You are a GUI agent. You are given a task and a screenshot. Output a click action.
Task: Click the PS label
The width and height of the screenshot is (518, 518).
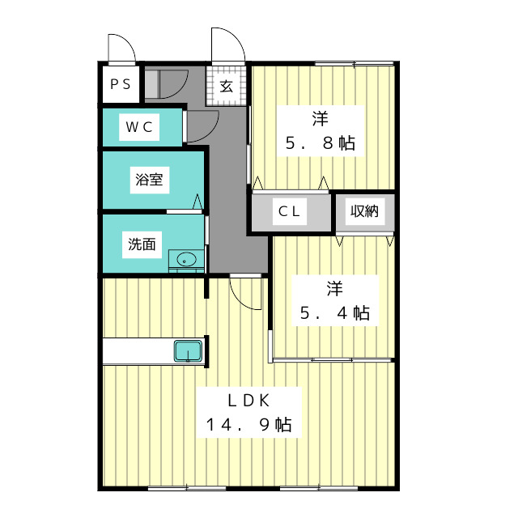coord(120,83)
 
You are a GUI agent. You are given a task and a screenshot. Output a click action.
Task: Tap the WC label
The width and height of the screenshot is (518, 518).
coord(139,126)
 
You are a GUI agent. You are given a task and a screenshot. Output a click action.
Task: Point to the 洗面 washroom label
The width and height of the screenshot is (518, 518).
coord(142,244)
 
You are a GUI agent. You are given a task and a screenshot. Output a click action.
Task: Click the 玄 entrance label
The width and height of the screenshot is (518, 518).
coord(227,87)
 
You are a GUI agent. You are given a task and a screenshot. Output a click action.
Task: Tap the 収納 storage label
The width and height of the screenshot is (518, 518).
coord(363,212)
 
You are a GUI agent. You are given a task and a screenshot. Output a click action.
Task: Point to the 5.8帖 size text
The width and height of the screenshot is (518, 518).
coord(320,144)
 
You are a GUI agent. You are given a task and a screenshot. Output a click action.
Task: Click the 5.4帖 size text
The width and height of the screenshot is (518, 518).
coord(335,312)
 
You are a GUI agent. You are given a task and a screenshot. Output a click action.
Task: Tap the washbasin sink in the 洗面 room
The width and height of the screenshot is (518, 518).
coord(186,261)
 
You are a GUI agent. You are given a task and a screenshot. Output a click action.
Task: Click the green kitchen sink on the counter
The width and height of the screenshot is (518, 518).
coord(189,352)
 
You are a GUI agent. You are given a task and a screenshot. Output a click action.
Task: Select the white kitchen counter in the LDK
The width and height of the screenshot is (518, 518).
coord(138,352)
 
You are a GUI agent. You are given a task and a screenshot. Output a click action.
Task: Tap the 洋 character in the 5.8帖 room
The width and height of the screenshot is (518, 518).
coord(320,120)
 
